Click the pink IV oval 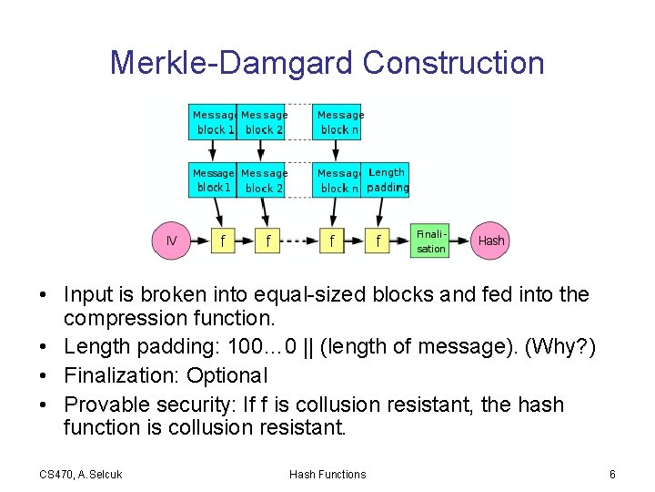(x=172, y=241)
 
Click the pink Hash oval (x=490, y=241)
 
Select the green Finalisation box (x=430, y=241)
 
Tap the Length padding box (x=387, y=179)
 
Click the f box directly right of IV (x=222, y=241)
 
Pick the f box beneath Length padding (x=378, y=241)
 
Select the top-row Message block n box (x=339, y=122)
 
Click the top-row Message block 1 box (x=214, y=122)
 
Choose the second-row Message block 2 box (x=263, y=179)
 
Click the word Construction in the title (x=453, y=63)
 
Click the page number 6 (x=612, y=474)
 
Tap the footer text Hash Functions (x=327, y=474)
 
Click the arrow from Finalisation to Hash (x=460, y=241)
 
